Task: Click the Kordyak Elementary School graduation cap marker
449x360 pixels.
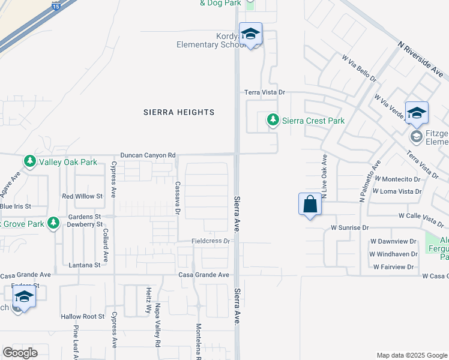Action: [250, 34]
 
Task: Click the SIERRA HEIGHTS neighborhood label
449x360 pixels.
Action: [179, 112]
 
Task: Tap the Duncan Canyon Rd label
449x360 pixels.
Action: [148, 155]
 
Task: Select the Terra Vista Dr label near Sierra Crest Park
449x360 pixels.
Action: [264, 92]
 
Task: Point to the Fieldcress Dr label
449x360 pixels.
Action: [211, 241]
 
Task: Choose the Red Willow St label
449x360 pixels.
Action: [83, 196]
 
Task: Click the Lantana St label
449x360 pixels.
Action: [85, 265]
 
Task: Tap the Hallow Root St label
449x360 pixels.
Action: [83, 316]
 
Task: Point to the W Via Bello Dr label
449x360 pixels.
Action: [359, 69]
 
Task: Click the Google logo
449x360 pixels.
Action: [20, 353]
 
